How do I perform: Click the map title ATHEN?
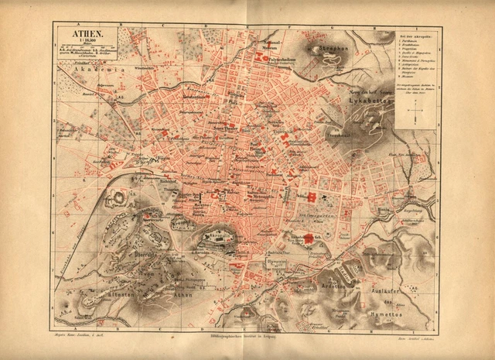(x=84, y=33)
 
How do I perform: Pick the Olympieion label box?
(x=275, y=263)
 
